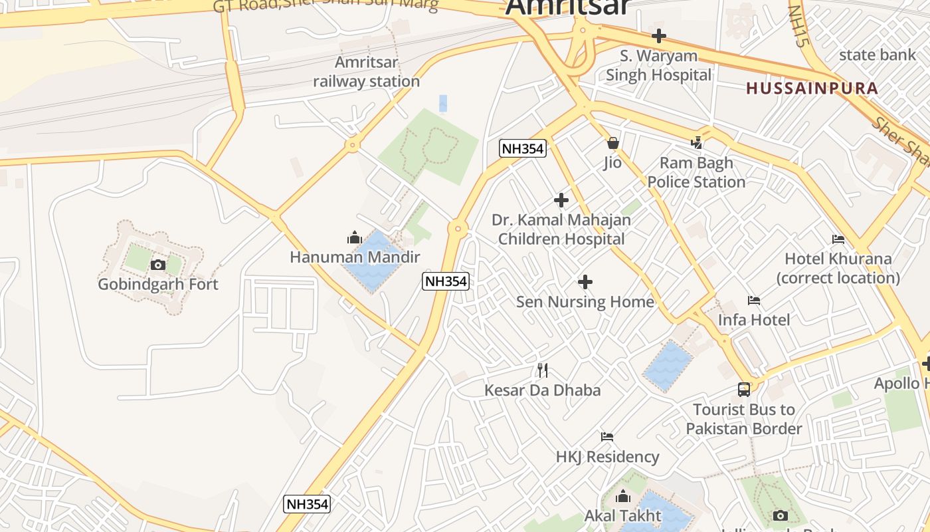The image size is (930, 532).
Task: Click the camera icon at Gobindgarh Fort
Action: coord(157,265)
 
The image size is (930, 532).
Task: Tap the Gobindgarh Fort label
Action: coord(158,284)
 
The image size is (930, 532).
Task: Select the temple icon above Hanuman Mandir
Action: coord(354,237)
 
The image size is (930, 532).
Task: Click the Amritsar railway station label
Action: coord(366,72)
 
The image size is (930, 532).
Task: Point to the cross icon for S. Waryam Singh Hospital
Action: coord(659,36)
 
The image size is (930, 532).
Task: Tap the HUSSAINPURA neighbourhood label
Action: coord(812,88)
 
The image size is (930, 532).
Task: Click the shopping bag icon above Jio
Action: coord(612,143)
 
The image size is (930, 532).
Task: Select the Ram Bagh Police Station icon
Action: coord(696,142)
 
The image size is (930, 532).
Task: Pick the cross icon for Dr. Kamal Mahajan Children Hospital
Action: coord(561,199)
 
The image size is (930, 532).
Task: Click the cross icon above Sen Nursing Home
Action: coord(585,282)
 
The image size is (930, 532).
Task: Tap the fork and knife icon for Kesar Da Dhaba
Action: coord(543,370)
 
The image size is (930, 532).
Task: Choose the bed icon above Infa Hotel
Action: coord(754,301)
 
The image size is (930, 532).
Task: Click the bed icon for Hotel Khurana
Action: coord(838,239)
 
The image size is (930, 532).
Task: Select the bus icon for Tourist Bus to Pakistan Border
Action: coord(744,390)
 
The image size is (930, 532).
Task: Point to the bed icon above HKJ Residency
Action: coord(607,437)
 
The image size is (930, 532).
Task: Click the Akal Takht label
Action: coord(622,515)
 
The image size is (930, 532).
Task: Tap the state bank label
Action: coord(877,55)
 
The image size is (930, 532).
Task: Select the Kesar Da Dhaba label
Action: coord(542,390)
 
